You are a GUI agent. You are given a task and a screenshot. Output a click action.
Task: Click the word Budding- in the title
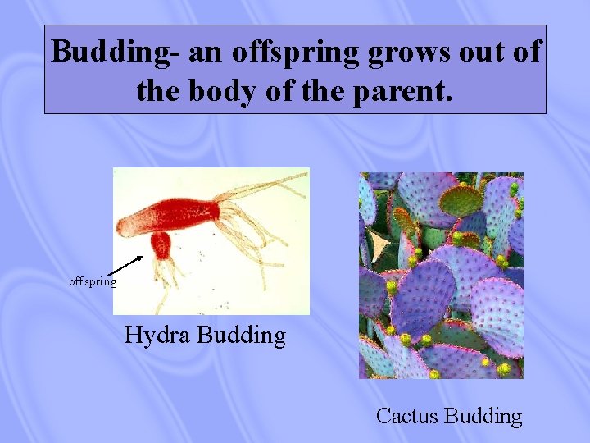click(114, 52)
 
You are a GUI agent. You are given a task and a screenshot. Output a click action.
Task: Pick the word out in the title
click(481, 52)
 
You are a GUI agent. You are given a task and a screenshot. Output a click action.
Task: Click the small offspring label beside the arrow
click(93, 282)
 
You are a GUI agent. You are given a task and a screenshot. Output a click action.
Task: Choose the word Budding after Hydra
click(242, 336)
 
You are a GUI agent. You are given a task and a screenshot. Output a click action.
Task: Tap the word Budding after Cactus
click(483, 416)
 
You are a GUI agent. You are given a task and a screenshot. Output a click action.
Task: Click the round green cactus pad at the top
click(461, 200)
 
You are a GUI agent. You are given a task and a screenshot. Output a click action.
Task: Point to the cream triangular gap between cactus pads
click(379, 244)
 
